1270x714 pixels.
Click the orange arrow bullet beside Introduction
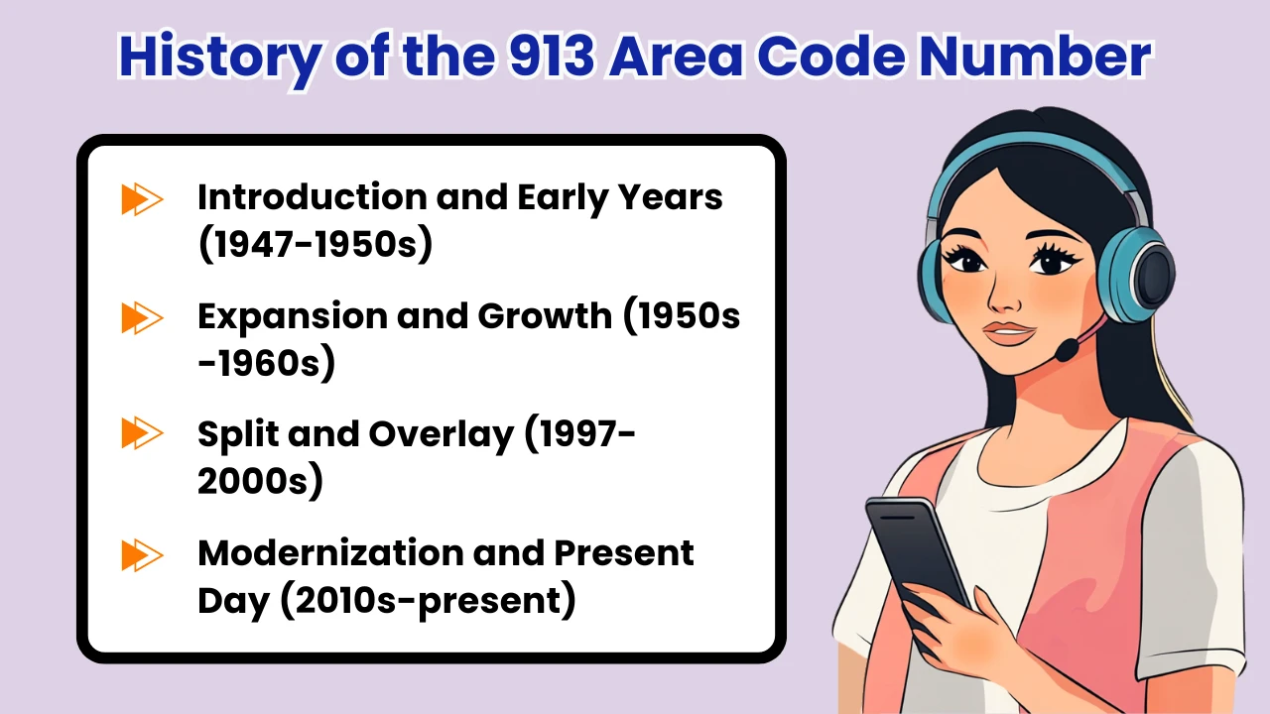click(142, 199)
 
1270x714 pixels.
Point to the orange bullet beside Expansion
click(142, 318)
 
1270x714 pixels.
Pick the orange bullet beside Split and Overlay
click(142, 433)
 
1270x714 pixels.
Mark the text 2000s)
click(260, 482)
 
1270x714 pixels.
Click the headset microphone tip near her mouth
click(1067, 351)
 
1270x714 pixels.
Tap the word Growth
click(544, 317)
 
